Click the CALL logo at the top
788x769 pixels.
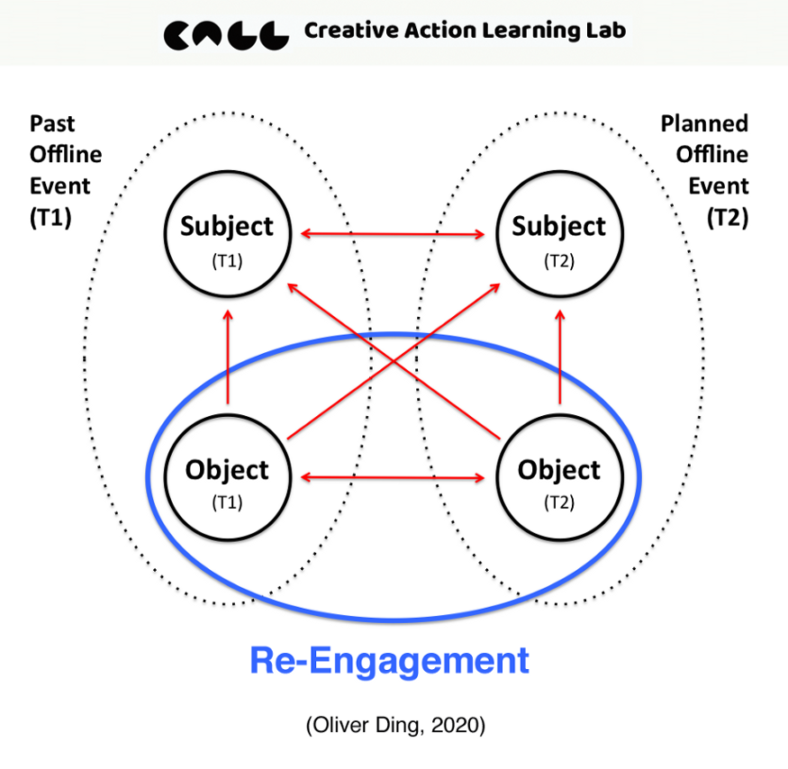226,33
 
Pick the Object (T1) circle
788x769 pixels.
227,479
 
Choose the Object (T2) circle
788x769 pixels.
559,479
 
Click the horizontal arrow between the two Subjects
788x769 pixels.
393,235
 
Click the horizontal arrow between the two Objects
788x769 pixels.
393,478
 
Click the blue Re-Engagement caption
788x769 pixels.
389,661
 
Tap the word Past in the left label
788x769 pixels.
52,123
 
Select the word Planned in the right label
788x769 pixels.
704,123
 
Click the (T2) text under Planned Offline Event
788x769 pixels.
728,218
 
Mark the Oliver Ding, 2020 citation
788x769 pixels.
394,727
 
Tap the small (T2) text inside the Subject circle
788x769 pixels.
559,261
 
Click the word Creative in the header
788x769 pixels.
347,32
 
